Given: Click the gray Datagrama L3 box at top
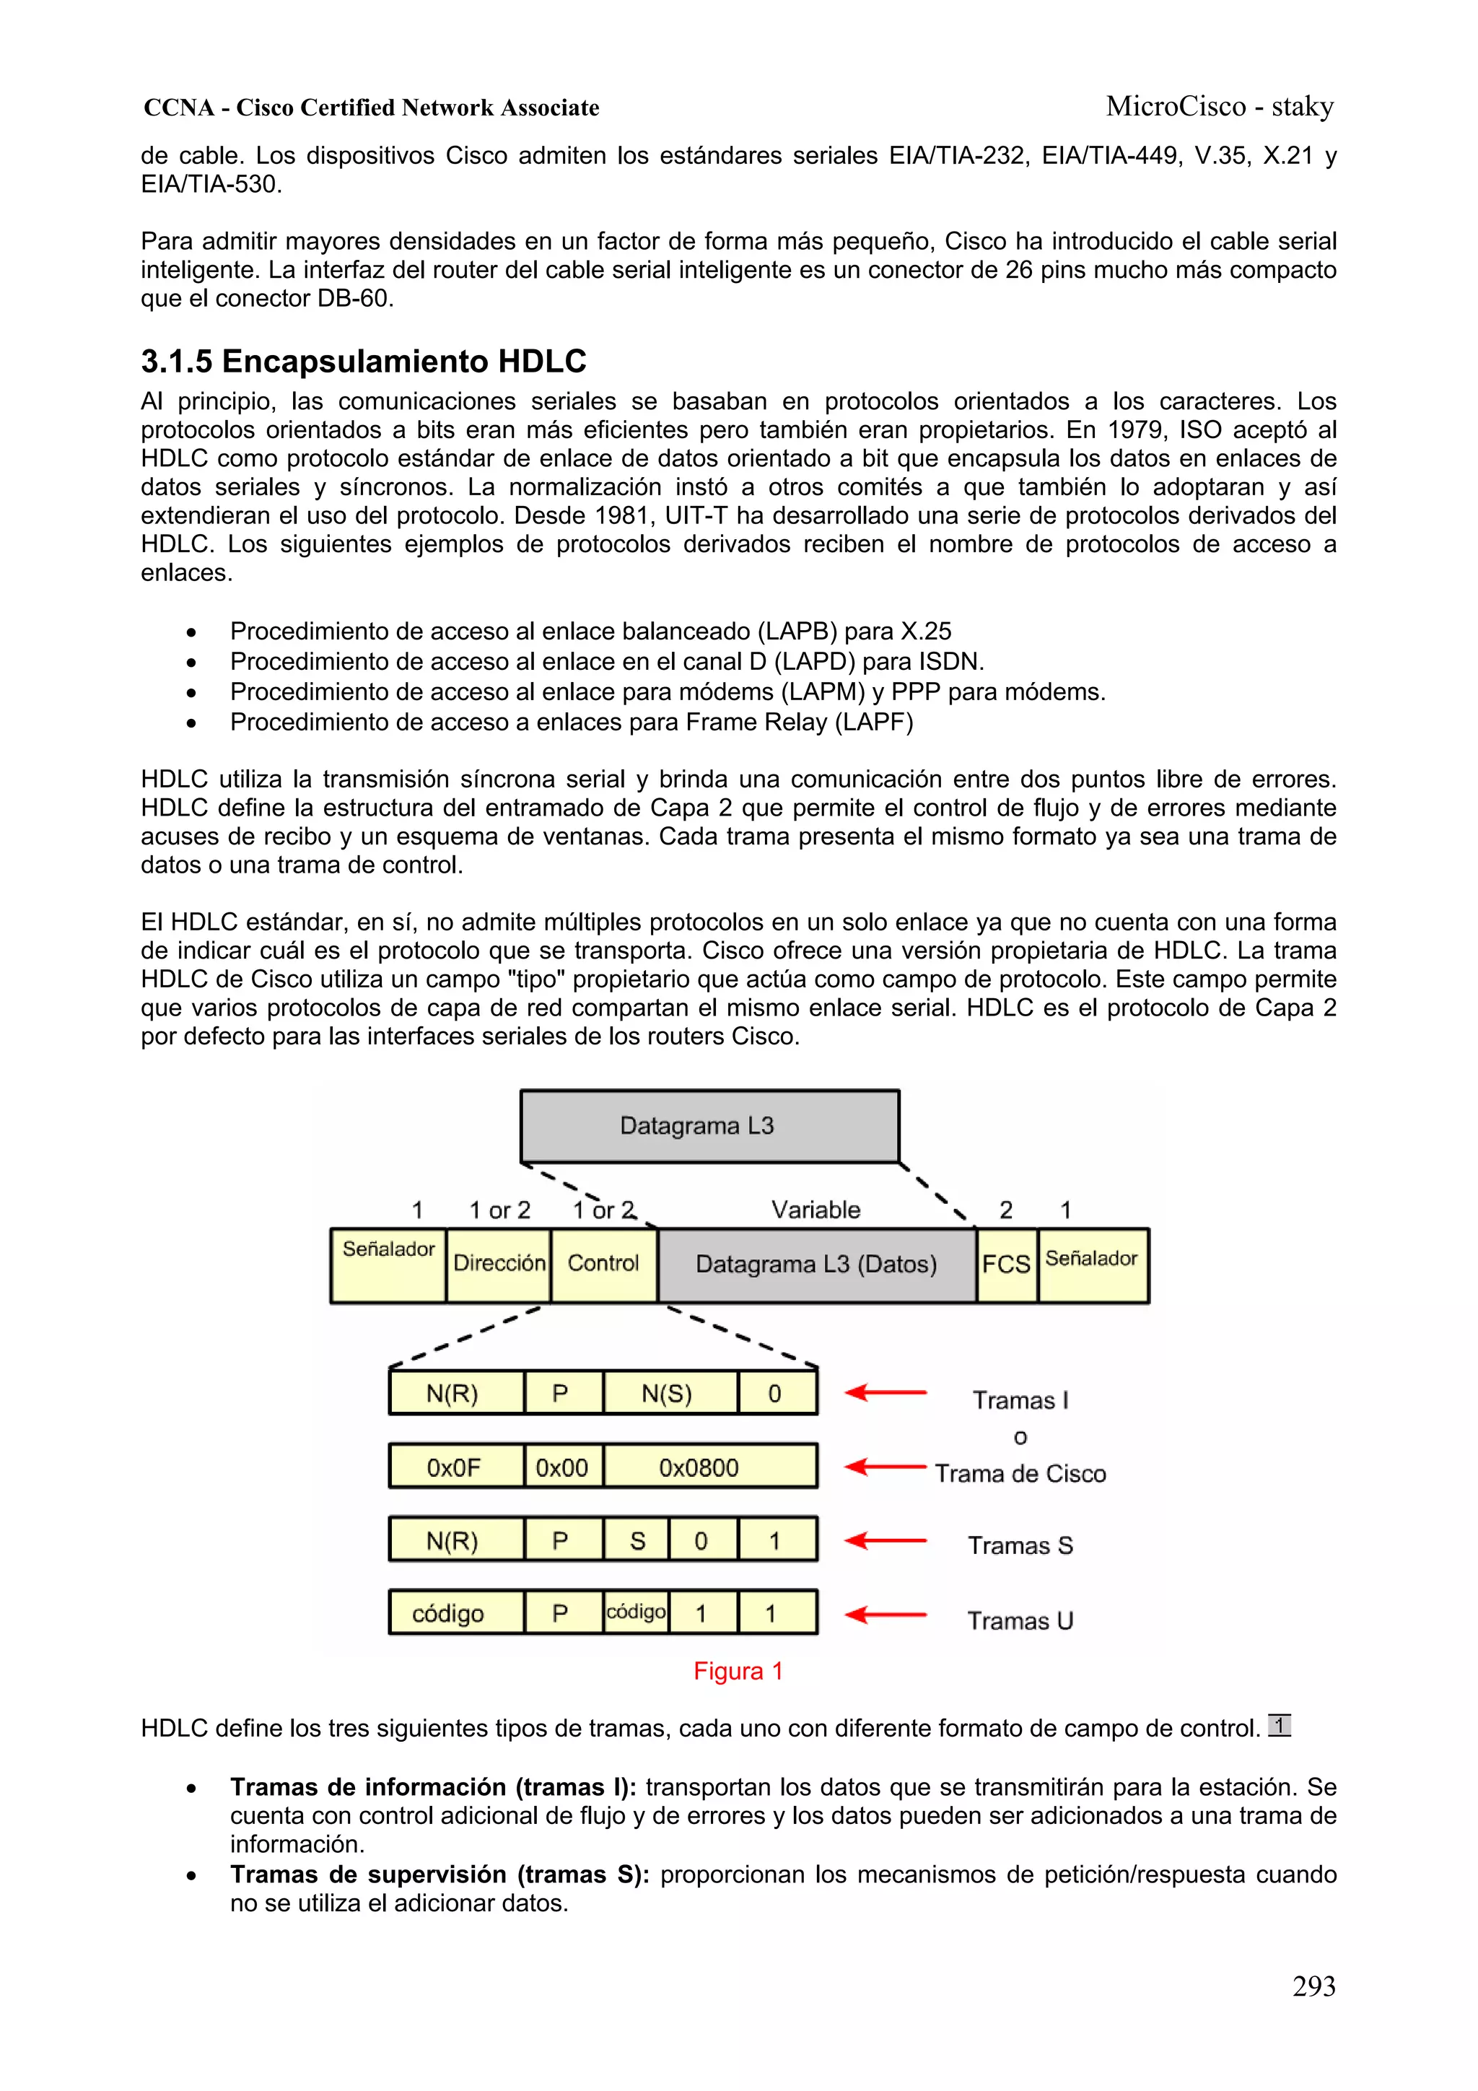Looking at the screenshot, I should [709, 1127].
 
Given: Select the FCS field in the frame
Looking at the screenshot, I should [1006, 1265].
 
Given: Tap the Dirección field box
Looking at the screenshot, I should [498, 1265].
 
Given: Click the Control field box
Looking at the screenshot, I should [603, 1265].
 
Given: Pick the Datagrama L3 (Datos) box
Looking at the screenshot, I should [816, 1265].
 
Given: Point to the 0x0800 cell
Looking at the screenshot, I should [699, 1468].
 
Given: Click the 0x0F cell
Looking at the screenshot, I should [455, 1468].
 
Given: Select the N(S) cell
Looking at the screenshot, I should [668, 1394].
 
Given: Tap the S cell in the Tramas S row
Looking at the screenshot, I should [637, 1541].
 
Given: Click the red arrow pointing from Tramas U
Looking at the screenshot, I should [886, 1615].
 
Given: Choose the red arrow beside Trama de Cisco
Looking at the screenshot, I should [886, 1467].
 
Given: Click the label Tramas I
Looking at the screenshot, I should [1020, 1401].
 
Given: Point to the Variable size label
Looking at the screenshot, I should [815, 1210].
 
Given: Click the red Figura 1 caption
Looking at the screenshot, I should [738, 1671].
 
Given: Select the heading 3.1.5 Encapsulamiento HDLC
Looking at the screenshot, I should [363, 362].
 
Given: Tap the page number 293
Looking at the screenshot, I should [1313, 1986].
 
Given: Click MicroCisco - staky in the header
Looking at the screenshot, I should [1220, 107].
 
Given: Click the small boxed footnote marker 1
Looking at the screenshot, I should [1279, 1725].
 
